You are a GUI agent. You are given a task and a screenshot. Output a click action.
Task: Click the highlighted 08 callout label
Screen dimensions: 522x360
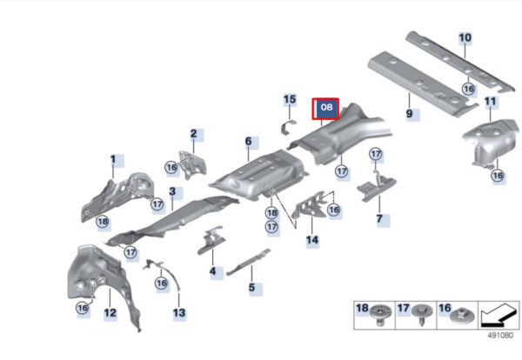point(326,107)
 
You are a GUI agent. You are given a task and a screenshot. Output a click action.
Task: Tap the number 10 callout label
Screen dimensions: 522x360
point(465,37)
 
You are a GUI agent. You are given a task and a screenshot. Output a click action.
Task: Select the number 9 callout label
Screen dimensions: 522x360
point(409,113)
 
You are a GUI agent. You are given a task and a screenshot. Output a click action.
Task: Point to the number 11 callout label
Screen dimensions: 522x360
point(491,103)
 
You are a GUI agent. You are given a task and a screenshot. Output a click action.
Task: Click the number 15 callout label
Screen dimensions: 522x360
point(290,100)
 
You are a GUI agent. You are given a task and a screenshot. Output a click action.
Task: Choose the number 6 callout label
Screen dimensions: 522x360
point(248,141)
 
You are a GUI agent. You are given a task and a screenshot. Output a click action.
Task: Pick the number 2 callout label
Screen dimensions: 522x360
point(196,134)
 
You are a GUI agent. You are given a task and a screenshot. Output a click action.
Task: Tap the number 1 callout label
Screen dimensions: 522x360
point(112,159)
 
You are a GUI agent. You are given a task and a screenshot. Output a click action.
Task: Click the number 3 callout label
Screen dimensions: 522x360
point(172,191)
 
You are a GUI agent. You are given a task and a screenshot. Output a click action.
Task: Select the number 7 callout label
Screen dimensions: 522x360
point(379,220)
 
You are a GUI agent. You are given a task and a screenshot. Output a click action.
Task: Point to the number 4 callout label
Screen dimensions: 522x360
point(212,272)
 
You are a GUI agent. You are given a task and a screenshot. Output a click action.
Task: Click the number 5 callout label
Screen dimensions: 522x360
point(251,287)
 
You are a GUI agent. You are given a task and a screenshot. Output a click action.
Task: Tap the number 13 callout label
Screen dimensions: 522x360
point(178,311)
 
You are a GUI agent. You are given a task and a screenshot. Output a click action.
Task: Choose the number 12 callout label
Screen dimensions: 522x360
point(110,311)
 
